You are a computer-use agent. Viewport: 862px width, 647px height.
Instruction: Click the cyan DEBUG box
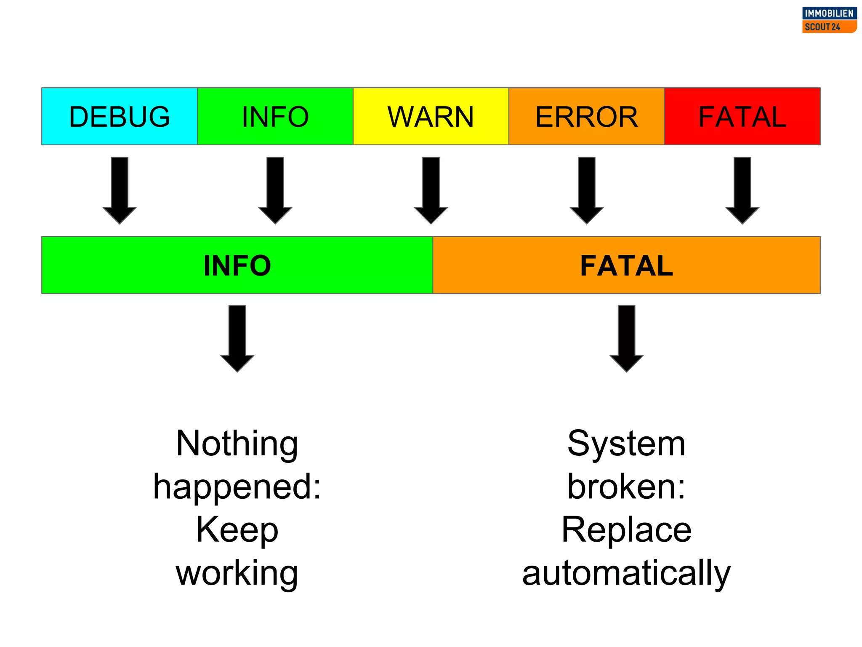click(120, 116)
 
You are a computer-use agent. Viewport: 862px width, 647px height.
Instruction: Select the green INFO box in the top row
click(275, 116)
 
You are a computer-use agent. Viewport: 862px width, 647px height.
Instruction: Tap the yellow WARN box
click(431, 116)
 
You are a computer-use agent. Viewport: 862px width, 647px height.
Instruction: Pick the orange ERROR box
click(586, 116)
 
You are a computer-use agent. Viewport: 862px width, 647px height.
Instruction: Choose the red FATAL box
click(742, 116)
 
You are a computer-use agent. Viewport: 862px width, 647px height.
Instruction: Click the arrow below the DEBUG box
click(120, 190)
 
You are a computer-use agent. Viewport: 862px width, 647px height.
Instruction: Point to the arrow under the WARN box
click(431, 190)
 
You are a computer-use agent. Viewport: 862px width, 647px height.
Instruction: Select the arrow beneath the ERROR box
click(587, 190)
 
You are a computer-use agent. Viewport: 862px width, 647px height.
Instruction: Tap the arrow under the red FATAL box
click(742, 190)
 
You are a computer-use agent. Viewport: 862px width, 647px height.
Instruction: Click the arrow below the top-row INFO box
click(275, 190)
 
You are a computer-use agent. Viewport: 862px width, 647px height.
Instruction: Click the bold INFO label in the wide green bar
click(237, 265)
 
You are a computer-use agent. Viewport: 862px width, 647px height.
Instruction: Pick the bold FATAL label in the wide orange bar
click(626, 265)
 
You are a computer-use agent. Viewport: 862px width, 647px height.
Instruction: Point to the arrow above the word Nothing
click(237, 338)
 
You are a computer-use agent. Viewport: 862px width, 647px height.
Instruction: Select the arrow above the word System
click(626, 338)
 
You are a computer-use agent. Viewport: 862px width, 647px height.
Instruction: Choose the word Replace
click(626, 530)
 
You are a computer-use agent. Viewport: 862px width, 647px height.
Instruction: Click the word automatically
click(626, 574)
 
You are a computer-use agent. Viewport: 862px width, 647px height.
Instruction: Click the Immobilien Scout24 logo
click(829, 20)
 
